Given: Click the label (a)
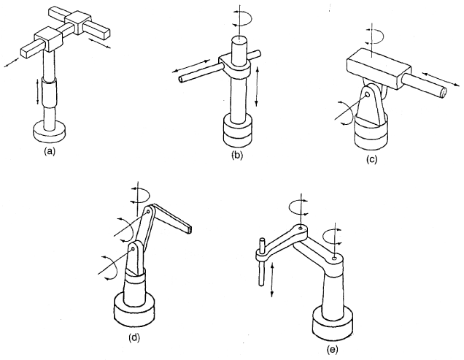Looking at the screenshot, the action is click(49, 151).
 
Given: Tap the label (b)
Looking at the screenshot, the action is click(237, 156).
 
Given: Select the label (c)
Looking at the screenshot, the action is click(371, 159).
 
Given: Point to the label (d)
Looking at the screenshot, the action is click(134, 337).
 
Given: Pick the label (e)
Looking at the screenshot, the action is click(332, 350).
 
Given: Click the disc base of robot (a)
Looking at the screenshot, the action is click(50, 131).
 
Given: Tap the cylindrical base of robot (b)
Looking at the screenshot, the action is click(238, 131).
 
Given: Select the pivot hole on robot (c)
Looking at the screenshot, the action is click(367, 95).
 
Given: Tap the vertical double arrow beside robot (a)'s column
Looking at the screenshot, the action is click(37, 91).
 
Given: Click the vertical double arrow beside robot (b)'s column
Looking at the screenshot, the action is click(257, 86).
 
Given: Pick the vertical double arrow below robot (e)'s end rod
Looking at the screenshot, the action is click(272, 280).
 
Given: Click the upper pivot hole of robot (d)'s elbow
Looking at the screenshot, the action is click(148, 212).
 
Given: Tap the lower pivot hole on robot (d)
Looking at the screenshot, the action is click(134, 249).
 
